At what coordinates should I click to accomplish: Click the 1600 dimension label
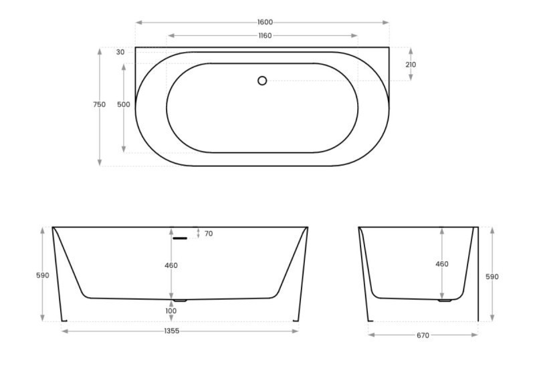265,22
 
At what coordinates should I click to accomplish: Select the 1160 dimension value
265,35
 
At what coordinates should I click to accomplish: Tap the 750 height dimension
99,104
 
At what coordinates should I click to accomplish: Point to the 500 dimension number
123,104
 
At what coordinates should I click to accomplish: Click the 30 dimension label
120,52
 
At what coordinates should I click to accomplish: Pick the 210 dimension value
411,65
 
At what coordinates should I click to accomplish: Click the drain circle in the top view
262,81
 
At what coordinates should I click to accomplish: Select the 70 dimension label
209,234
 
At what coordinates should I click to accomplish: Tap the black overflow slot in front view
179,238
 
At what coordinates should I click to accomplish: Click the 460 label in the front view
171,265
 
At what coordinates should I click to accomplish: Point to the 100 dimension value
171,311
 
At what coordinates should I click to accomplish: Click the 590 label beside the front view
43,275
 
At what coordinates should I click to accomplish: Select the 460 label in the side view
442,264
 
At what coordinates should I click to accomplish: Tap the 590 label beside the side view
492,276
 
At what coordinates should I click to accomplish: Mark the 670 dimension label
422,335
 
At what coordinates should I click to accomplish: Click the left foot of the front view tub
64,320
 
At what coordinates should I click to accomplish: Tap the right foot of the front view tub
295,320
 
